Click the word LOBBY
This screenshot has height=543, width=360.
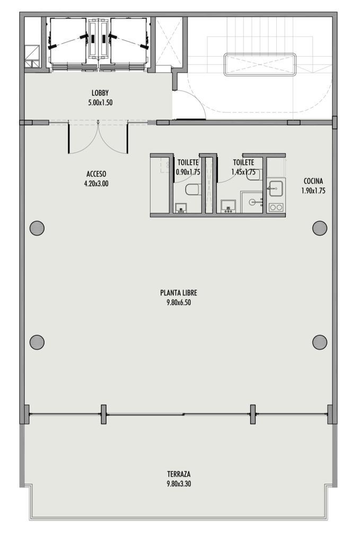pyautogui.click(x=100, y=93)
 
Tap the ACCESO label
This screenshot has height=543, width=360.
pyautogui.click(x=96, y=174)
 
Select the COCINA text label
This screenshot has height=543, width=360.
pyautogui.click(x=313, y=181)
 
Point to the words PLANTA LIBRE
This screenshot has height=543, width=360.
pyautogui.click(x=179, y=293)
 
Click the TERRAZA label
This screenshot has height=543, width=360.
pyautogui.click(x=179, y=474)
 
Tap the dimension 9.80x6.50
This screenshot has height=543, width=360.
pyautogui.click(x=179, y=302)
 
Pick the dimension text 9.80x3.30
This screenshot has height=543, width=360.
pyautogui.click(x=179, y=484)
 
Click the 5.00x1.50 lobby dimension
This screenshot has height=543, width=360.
pyautogui.click(x=100, y=102)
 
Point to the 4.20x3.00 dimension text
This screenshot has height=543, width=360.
pyautogui.click(x=96, y=183)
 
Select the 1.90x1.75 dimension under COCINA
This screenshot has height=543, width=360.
pyautogui.click(x=313, y=190)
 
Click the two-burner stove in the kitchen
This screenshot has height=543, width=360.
pyautogui.click(x=276, y=207)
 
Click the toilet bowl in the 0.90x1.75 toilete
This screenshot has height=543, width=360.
pyautogui.click(x=192, y=189)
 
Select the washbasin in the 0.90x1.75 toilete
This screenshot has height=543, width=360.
pyautogui.click(x=181, y=208)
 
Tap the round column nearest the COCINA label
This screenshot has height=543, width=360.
pyautogui.click(x=320, y=228)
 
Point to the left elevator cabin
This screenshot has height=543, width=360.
pyautogui.click(x=68, y=41)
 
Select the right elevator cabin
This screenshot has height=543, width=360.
pyautogui.click(x=128, y=41)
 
